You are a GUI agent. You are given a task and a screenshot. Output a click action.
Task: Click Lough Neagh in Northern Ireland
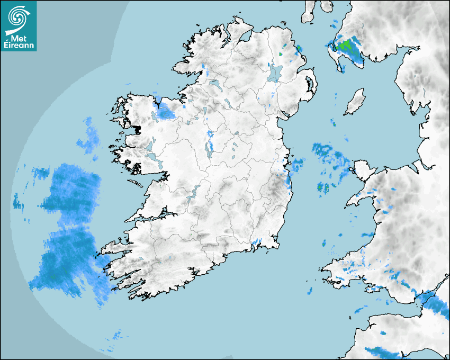274,73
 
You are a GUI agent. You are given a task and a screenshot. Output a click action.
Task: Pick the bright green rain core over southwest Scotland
347,45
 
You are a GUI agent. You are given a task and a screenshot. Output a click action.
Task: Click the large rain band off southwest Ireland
66,233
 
